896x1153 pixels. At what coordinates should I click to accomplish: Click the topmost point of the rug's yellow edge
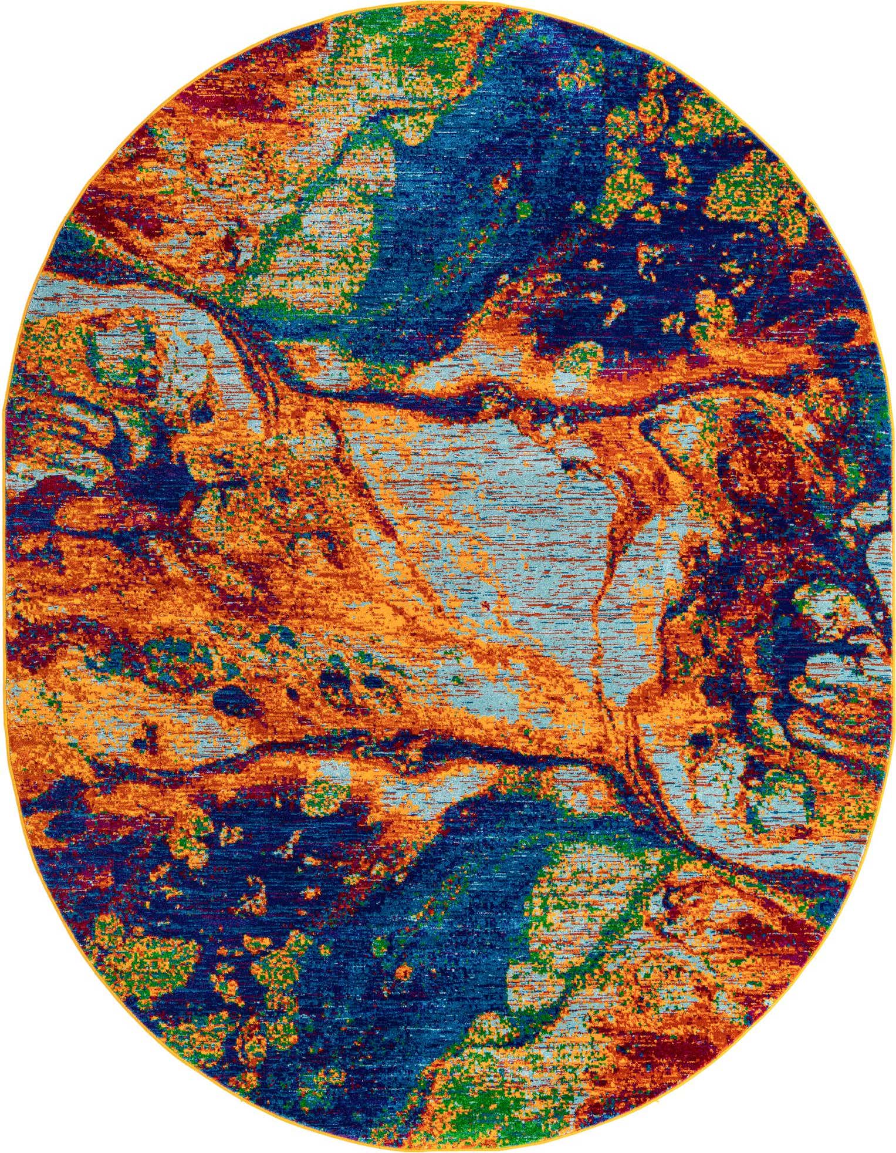448,1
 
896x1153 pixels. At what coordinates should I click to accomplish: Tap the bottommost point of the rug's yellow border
448,1151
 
